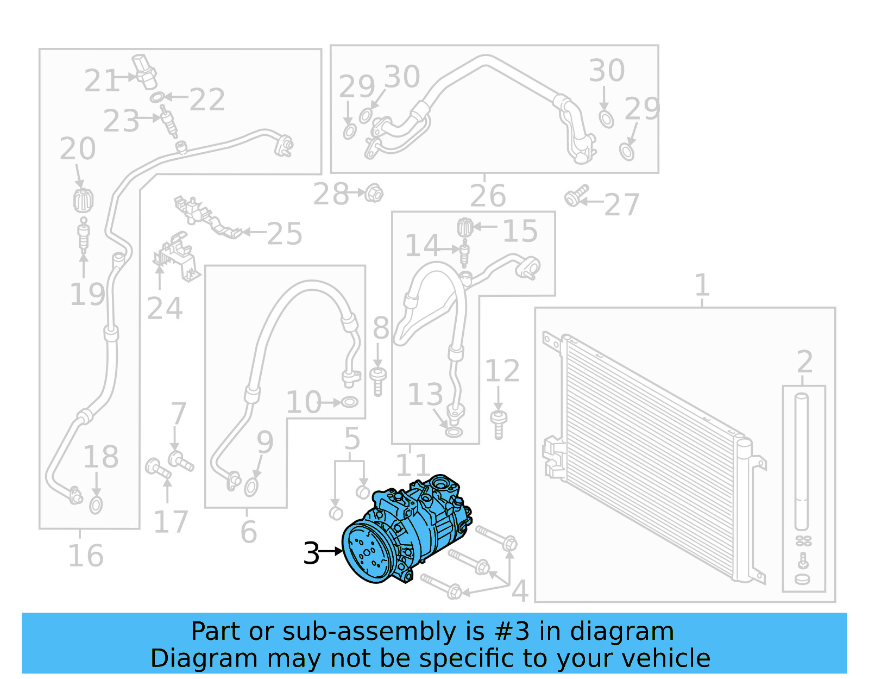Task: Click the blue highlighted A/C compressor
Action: pos(405,530)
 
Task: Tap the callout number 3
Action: pos(311,553)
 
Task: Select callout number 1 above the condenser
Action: pos(702,285)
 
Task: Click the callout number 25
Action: pos(284,234)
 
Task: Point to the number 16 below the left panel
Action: pos(86,556)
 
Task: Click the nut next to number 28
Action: pos(374,193)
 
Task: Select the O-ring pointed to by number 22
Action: pos(156,98)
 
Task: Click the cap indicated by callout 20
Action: pos(83,201)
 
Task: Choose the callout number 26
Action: pos(488,196)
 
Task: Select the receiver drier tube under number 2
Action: pos(802,462)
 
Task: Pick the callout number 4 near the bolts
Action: pos(519,591)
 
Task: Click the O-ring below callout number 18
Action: pos(96,505)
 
